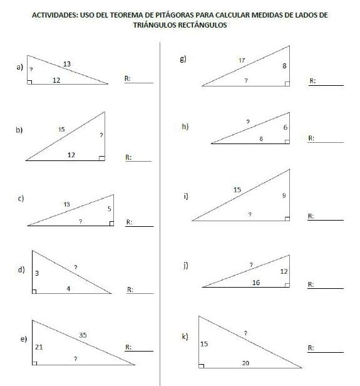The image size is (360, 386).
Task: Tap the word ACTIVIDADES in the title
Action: [53, 14]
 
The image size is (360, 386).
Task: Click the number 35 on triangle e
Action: [83, 336]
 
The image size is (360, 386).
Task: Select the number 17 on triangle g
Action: [242, 60]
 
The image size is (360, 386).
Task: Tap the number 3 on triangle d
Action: [38, 273]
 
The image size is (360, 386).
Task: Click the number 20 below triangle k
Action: [245, 363]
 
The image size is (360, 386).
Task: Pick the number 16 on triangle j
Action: [255, 283]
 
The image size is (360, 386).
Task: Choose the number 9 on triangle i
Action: [284, 196]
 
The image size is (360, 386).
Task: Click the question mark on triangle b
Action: [101, 135]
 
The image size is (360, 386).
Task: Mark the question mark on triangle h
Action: [248, 121]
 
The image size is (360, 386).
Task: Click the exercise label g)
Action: [183, 60]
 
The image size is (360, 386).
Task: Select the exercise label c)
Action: [21, 199]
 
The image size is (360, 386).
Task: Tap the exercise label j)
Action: [185, 266]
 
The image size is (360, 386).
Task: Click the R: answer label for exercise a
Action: [128, 78]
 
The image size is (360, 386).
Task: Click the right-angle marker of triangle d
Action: [35, 290]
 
